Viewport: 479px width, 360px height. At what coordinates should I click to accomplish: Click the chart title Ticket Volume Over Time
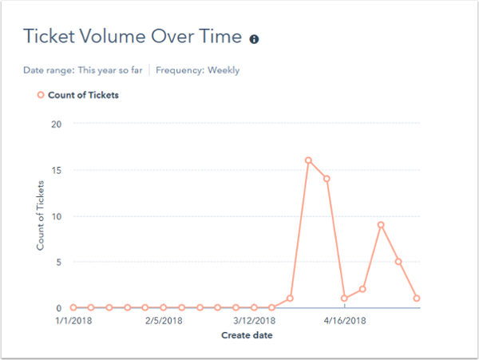point(132,38)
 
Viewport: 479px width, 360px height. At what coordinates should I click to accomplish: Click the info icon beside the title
point(255,38)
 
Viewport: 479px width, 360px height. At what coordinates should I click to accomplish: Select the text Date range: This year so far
point(83,70)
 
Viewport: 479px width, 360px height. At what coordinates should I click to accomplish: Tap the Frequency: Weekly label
point(197,70)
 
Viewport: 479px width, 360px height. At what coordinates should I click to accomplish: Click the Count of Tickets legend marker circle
point(40,96)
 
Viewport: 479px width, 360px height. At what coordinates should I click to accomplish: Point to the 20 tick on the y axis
point(56,124)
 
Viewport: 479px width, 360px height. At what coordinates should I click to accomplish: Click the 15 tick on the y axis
point(56,170)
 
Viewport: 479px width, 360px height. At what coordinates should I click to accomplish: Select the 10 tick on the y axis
point(56,216)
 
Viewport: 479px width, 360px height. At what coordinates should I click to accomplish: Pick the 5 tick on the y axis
point(57,262)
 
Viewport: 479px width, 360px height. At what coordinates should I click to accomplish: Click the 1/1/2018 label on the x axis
point(73,321)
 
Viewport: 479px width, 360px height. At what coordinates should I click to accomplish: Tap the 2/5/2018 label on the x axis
point(163,321)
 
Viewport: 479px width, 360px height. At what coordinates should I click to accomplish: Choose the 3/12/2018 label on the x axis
point(253,321)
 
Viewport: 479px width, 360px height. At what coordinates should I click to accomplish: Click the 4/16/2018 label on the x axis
point(344,321)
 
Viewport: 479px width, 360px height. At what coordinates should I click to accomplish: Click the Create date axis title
point(247,335)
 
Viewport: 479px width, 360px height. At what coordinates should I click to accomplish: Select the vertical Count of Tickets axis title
point(40,216)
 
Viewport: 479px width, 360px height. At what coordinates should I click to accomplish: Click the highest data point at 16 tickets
point(308,160)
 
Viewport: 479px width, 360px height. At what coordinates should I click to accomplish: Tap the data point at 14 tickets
point(327,179)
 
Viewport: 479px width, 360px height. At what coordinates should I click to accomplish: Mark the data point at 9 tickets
point(381,225)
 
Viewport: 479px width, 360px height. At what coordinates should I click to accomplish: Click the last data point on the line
point(417,299)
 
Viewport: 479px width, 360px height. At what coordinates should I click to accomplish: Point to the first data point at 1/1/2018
point(73,307)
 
